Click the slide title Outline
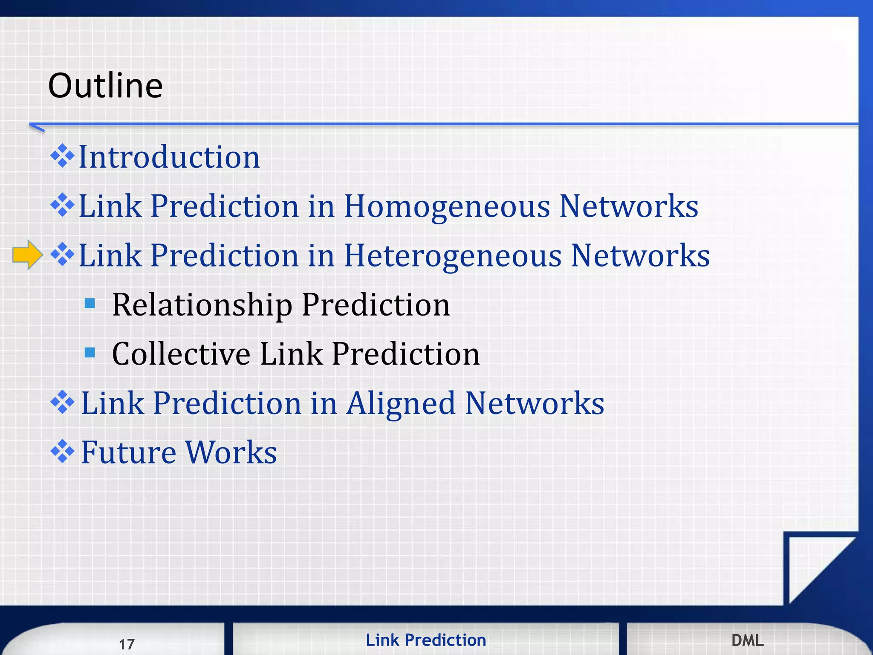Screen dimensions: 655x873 (105, 85)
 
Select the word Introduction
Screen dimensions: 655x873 (169, 157)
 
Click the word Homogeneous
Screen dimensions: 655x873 (447, 206)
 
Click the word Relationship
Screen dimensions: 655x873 (202, 305)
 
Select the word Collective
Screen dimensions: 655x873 (181, 354)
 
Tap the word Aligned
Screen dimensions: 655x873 (400, 403)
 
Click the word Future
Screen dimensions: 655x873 (128, 452)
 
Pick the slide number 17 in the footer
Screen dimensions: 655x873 (127, 644)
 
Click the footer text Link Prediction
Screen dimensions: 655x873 (425, 640)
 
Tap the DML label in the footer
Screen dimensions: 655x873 (747, 640)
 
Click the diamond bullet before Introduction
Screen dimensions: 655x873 (62, 156)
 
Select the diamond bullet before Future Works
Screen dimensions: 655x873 (62, 451)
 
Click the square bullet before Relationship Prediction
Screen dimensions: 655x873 (90, 303)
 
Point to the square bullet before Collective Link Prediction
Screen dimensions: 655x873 (90, 352)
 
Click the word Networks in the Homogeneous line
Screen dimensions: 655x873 (628, 206)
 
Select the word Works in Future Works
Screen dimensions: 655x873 (231, 452)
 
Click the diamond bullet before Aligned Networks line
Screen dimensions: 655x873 (62, 402)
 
